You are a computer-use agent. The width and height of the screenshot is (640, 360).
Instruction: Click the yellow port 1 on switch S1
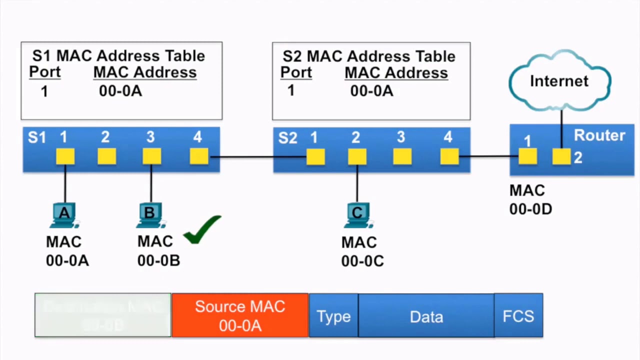[x=65, y=156]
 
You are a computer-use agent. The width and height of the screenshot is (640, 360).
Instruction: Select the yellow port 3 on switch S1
[x=151, y=156]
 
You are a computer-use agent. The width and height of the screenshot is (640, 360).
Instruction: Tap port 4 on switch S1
[x=199, y=156]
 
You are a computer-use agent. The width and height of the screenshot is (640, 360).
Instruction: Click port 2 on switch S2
[x=357, y=157]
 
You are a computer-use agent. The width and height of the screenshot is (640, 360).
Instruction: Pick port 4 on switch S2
[x=449, y=157]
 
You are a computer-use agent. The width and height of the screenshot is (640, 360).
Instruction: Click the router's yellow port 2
[x=561, y=157]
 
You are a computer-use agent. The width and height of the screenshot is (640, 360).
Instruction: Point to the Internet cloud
[x=559, y=81]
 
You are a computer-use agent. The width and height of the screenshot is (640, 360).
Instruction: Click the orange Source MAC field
[x=240, y=315]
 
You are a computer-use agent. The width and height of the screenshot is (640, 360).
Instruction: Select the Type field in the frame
[x=333, y=316]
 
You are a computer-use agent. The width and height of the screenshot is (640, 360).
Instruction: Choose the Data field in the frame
[x=426, y=316]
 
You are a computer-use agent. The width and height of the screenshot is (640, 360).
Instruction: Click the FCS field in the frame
[x=518, y=316]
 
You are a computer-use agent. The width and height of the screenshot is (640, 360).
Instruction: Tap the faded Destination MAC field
[x=103, y=315]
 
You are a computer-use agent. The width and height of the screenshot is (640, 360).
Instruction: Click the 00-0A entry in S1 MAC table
[x=120, y=91]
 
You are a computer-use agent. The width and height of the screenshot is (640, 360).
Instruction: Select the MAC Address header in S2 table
[x=396, y=73]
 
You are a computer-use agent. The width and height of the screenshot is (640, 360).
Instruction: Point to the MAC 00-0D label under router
[x=530, y=199]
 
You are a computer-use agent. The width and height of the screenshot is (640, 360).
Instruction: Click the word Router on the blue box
[x=599, y=135]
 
